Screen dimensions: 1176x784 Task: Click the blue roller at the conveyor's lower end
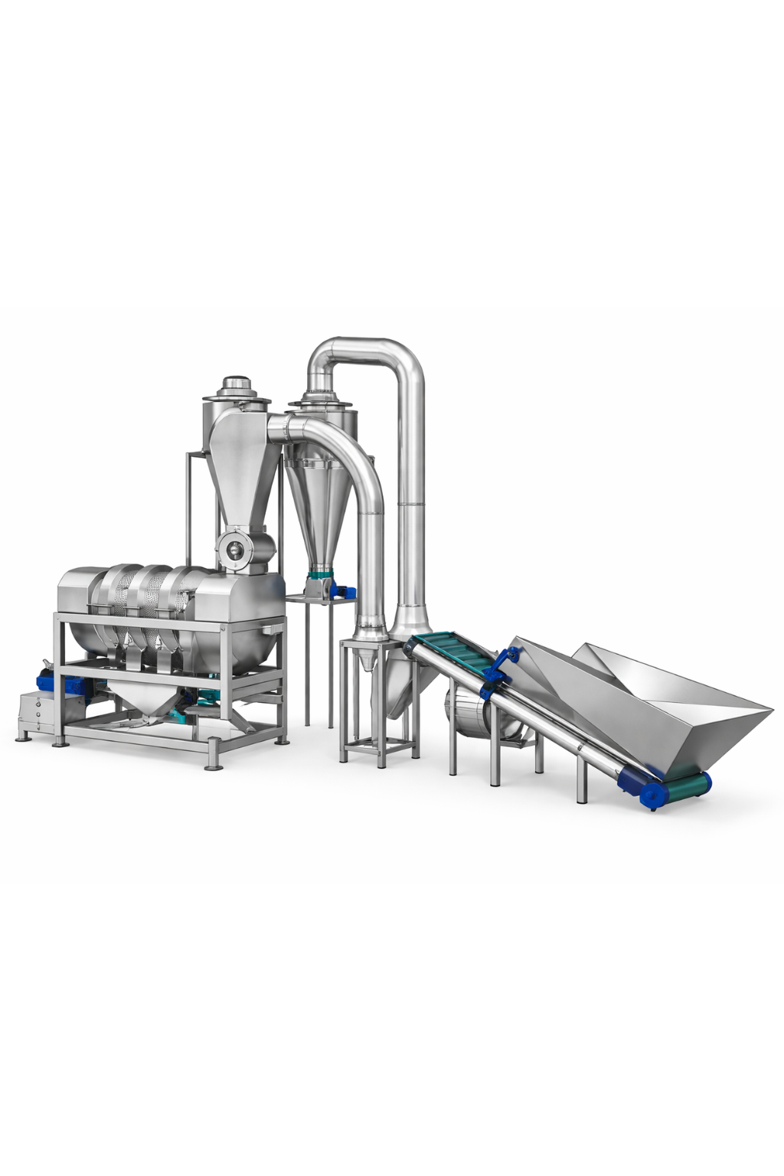pos(652,795)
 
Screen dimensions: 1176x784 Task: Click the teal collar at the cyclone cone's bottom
pos(321,573)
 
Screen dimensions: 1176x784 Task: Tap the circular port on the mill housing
pos(231,547)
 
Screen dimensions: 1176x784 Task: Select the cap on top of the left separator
pos(236,386)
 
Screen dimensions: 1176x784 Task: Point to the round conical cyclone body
pos(318,505)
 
